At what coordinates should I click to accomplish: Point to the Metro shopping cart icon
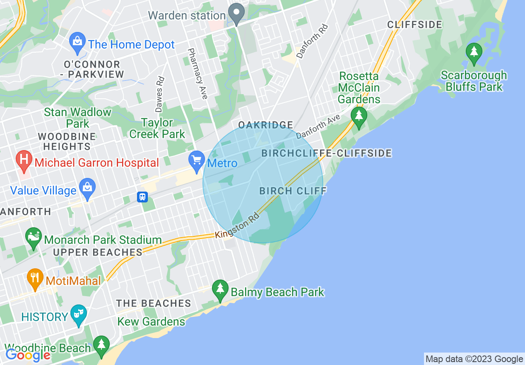click(x=196, y=162)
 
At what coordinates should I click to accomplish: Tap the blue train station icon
click(x=142, y=197)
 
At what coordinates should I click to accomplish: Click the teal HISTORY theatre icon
click(x=78, y=315)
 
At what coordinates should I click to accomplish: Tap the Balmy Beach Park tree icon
click(x=220, y=291)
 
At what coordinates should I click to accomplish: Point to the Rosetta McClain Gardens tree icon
click(x=359, y=117)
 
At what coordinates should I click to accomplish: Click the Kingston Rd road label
click(x=237, y=226)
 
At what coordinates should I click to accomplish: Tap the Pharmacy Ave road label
click(x=197, y=73)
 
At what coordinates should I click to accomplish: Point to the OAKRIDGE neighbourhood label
click(x=266, y=125)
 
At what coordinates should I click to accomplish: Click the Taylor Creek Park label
click(x=157, y=128)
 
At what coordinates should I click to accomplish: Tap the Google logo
click(x=28, y=355)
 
